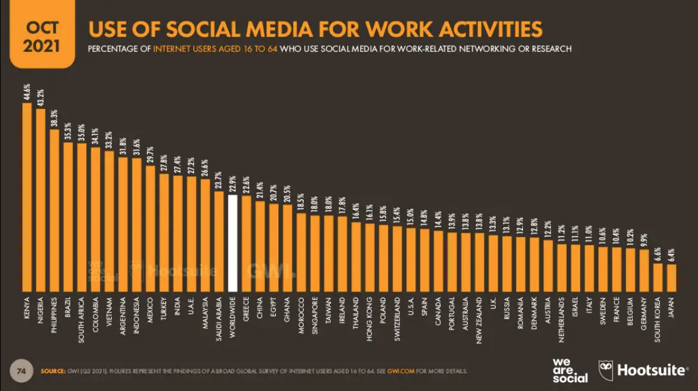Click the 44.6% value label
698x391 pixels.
[x=27, y=91]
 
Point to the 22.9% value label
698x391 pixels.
[x=233, y=183]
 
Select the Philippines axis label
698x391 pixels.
[x=55, y=312]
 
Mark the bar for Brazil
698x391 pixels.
[x=68, y=215]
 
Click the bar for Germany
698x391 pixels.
[x=644, y=269]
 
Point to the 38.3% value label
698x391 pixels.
[x=55, y=119]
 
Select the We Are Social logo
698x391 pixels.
[x=569, y=370]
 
